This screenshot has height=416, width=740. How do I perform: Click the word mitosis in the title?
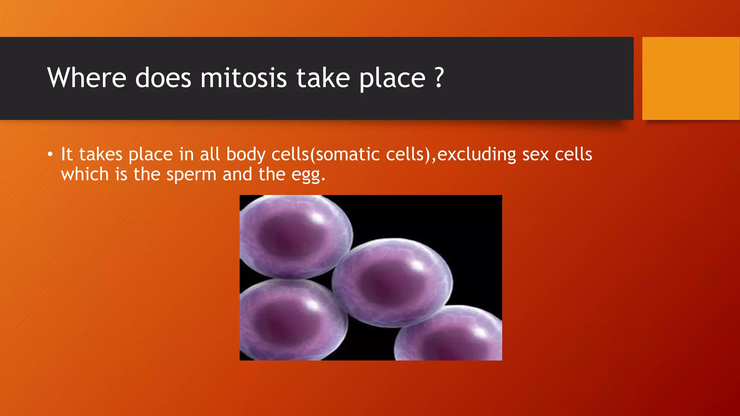coord(243,78)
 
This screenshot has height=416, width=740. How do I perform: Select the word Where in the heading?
coord(87,78)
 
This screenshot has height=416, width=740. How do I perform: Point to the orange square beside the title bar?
coord(691,78)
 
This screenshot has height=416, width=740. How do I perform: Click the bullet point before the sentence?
coord(50,155)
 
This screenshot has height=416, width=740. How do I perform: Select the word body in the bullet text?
coord(246,155)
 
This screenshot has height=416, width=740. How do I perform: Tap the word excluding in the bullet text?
coord(477,155)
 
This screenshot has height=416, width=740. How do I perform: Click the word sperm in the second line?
coord(191,175)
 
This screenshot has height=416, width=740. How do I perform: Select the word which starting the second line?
coord(85,174)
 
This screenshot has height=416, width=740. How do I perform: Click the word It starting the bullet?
coord(67,155)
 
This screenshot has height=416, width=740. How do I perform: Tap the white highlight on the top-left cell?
coord(318,218)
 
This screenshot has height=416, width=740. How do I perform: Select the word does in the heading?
coord(163,78)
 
